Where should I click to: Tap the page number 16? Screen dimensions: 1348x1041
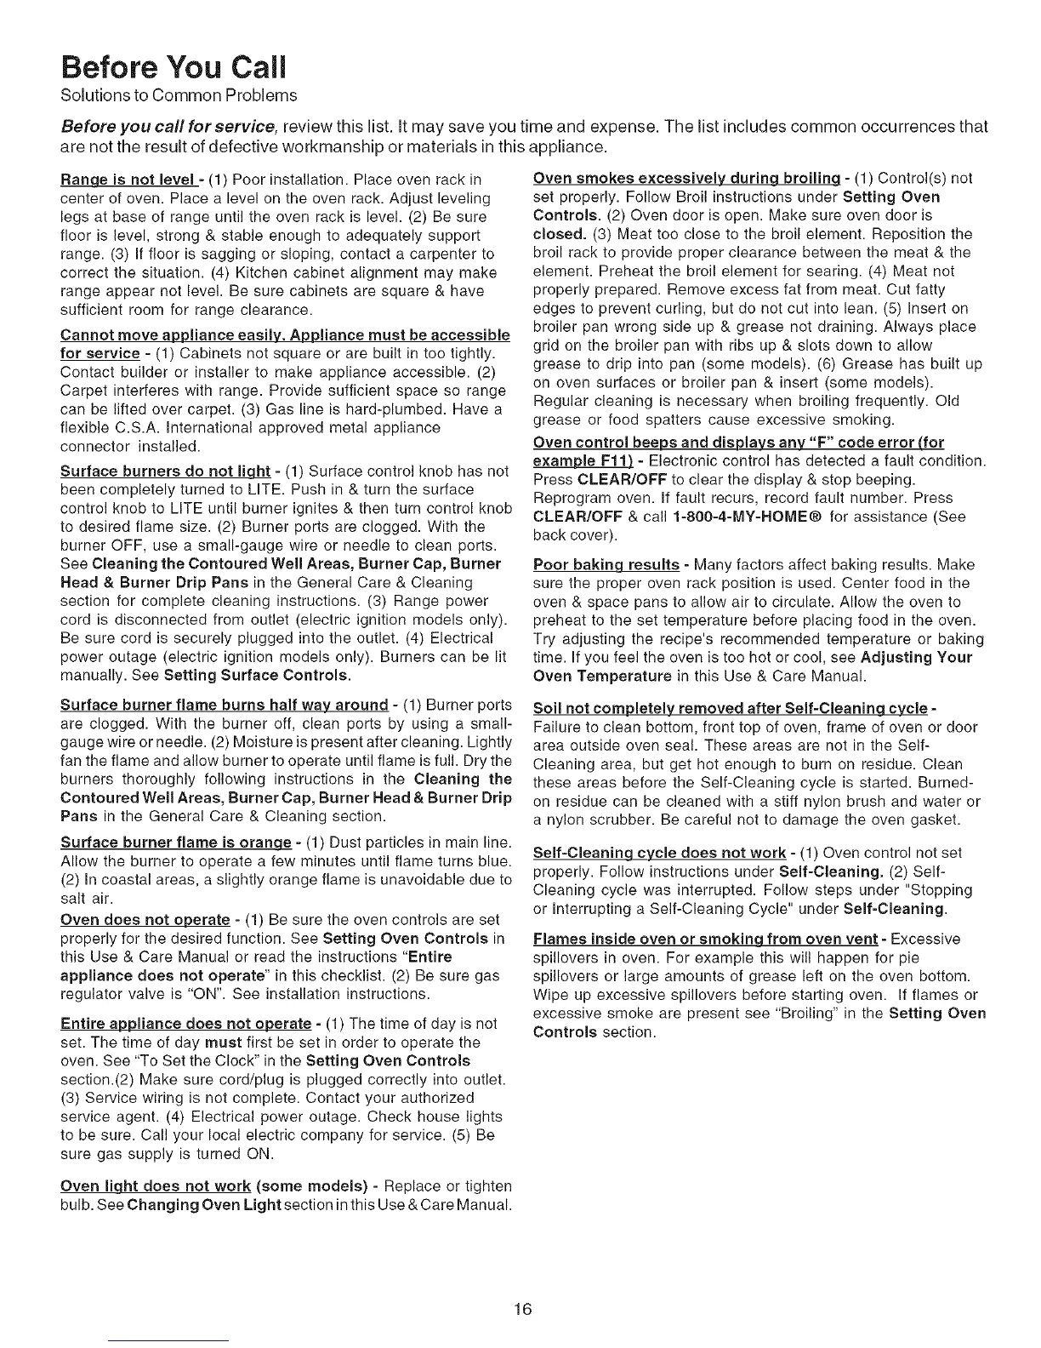pyautogui.click(x=522, y=1309)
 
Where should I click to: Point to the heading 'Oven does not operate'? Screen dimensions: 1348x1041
pyautogui.click(x=145, y=920)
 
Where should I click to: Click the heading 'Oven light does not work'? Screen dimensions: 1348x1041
pyautogui.click(x=156, y=1186)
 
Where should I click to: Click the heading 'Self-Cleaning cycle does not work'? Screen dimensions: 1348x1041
pyautogui.click(x=658, y=852)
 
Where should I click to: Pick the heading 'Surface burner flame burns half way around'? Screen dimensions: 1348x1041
pyautogui.click(x=225, y=705)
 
